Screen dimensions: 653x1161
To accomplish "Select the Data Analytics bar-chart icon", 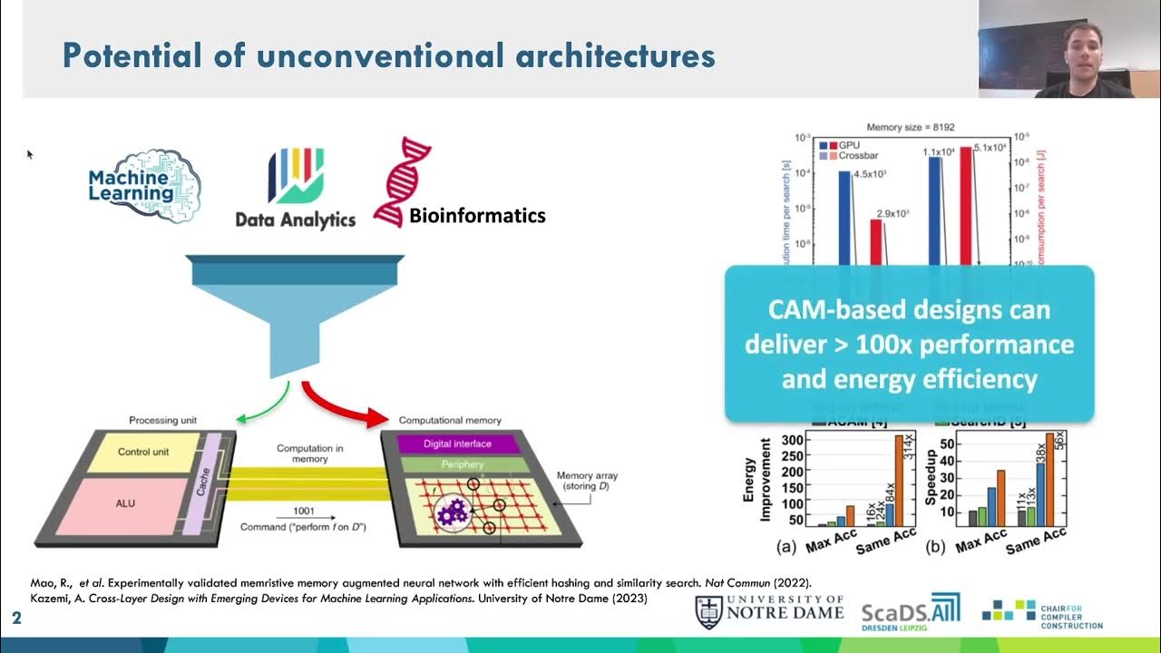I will (295, 176).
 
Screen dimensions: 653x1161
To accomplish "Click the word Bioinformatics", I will (477, 215).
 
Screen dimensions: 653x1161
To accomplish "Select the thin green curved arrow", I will (259, 404).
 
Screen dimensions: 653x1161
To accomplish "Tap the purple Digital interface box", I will (457, 443).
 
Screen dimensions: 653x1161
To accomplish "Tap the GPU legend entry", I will (842, 144).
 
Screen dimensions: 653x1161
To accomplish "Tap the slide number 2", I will (16, 619).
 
